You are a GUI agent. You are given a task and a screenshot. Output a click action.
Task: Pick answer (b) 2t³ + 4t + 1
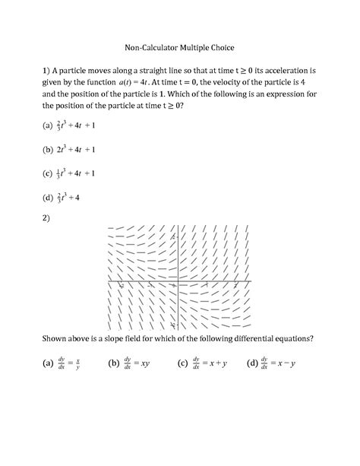tap(71, 149)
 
